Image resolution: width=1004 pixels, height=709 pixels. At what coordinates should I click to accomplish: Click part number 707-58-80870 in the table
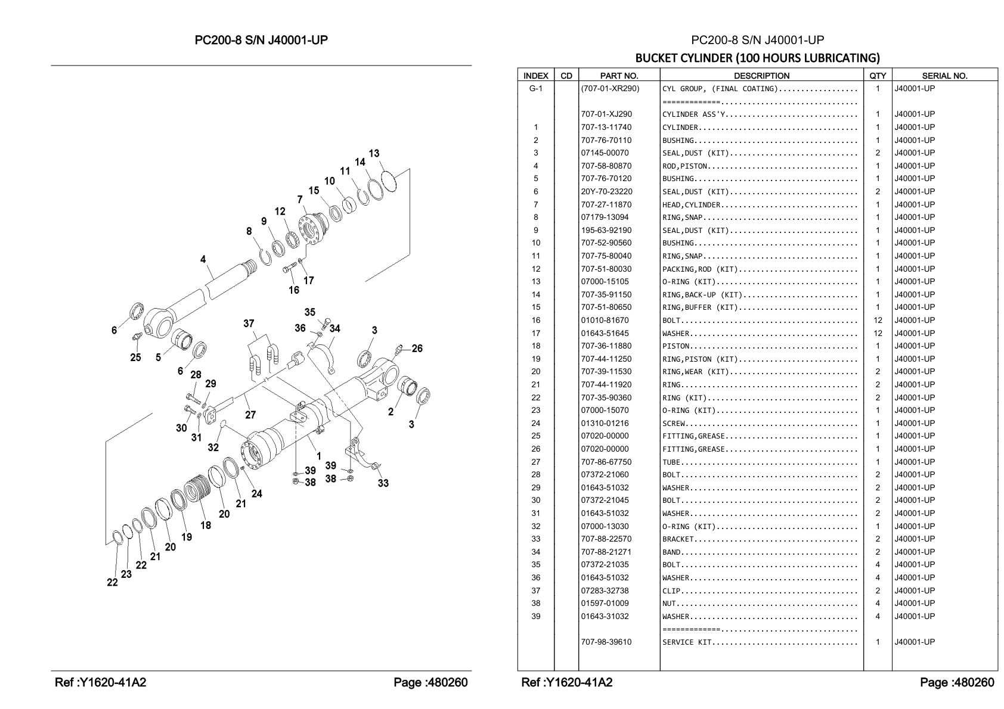click(x=606, y=166)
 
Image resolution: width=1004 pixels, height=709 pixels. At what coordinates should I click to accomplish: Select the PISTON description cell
click(x=676, y=346)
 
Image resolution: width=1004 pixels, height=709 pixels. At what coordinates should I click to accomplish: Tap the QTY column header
click(x=877, y=76)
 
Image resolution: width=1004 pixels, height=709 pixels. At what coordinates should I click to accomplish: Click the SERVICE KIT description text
click(x=687, y=642)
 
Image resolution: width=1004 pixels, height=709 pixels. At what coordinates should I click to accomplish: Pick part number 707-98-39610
click(x=606, y=642)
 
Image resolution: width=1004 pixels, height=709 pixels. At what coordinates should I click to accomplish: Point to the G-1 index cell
click(x=535, y=88)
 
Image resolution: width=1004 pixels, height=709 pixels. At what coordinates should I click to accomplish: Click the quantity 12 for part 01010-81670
click(x=878, y=320)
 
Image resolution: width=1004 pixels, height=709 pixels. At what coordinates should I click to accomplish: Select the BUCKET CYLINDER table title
click(x=758, y=58)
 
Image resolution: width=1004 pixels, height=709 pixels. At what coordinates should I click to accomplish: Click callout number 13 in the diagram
click(x=374, y=153)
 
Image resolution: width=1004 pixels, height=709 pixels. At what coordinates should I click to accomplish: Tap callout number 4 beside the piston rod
click(x=203, y=259)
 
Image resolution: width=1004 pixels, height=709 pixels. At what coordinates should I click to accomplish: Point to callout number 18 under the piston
click(x=206, y=525)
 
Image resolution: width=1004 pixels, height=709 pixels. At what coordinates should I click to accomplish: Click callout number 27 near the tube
click(x=250, y=415)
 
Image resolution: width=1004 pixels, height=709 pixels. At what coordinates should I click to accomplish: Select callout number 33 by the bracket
click(x=383, y=483)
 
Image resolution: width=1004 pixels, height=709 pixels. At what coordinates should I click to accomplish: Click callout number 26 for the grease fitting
click(x=417, y=349)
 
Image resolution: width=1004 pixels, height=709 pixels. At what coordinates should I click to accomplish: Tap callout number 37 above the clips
click(x=249, y=324)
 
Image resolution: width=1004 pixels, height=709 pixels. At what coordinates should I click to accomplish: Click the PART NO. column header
click(x=619, y=76)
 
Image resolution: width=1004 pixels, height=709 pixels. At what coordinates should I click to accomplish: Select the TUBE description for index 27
click(x=671, y=462)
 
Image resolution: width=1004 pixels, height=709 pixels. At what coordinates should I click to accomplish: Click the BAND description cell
click(x=671, y=552)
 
